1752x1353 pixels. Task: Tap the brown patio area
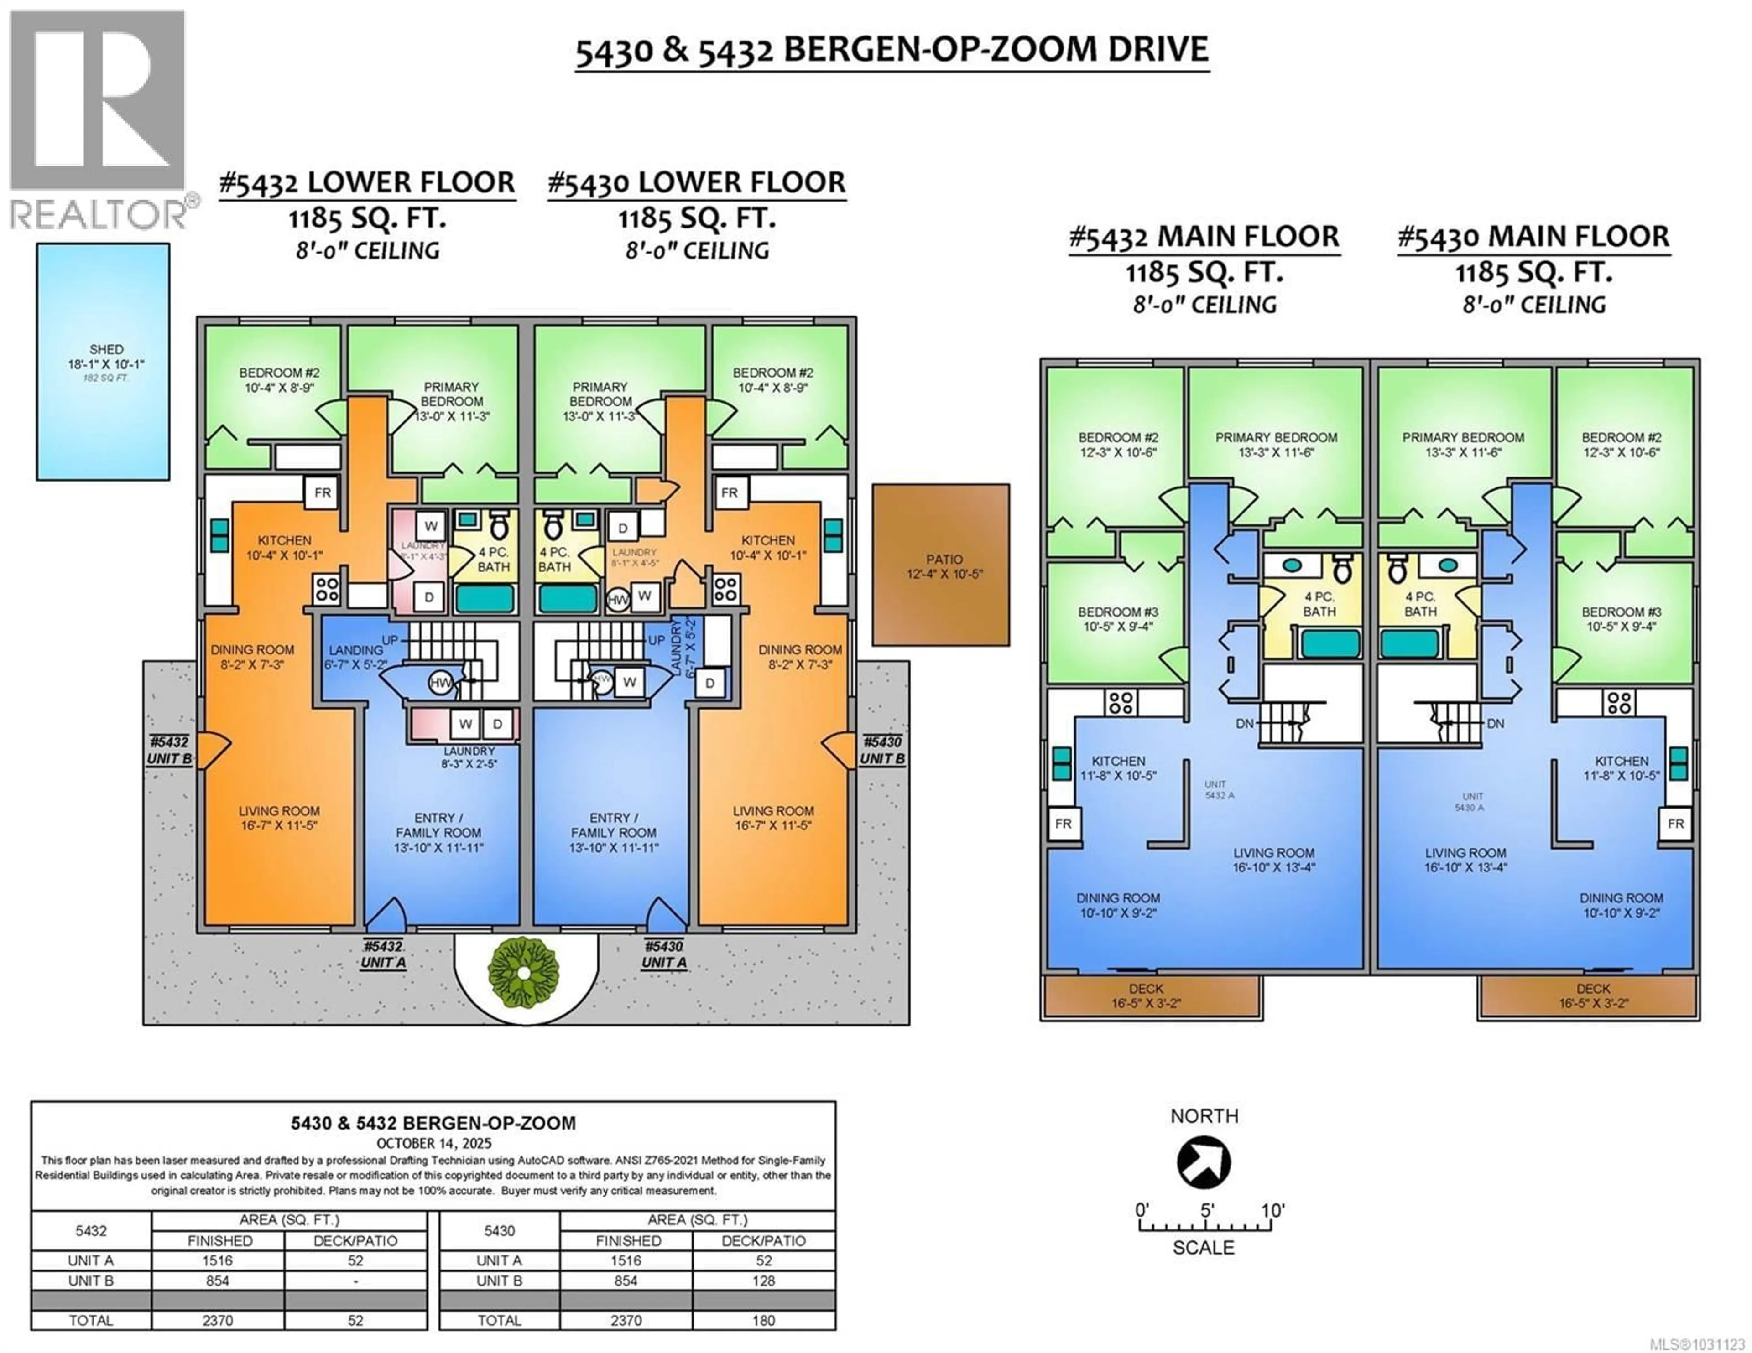[940, 565]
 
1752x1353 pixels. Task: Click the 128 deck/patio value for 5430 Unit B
[763, 1281]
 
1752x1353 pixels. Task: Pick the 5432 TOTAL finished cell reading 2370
[217, 1320]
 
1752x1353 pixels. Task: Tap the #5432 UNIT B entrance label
[169, 750]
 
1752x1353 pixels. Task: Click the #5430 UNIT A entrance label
[664, 954]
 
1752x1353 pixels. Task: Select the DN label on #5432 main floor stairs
[1244, 723]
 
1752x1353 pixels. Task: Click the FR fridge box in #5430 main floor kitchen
[1675, 824]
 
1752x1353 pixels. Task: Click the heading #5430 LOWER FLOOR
[696, 183]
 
